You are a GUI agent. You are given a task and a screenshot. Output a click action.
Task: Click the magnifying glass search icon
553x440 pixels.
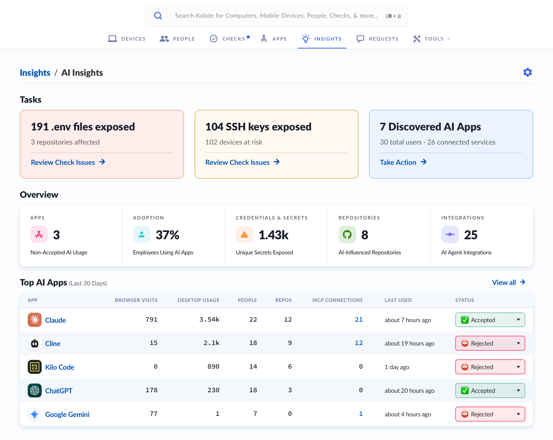pyautogui.click(x=158, y=16)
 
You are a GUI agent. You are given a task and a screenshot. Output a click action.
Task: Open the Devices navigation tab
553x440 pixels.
pyautogui.click(x=127, y=39)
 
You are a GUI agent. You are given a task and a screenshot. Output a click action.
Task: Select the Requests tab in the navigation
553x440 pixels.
pyautogui.click(x=377, y=39)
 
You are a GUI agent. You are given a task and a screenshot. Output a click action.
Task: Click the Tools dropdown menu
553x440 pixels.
pyautogui.click(x=432, y=39)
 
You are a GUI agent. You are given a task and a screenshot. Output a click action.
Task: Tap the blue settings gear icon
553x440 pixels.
pyautogui.click(x=528, y=72)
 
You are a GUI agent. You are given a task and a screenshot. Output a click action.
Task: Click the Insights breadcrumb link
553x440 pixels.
pyautogui.click(x=35, y=73)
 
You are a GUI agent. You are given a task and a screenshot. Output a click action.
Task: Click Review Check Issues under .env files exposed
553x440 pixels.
pyautogui.click(x=68, y=162)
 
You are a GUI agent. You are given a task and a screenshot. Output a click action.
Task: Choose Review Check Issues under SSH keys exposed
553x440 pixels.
pyautogui.click(x=242, y=162)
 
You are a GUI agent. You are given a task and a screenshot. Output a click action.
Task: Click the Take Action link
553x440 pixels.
pyautogui.click(x=403, y=162)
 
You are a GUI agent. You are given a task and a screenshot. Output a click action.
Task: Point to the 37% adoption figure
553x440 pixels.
pyautogui.click(x=168, y=235)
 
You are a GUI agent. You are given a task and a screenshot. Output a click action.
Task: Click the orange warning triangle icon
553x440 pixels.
pyautogui.click(x=244, y=234)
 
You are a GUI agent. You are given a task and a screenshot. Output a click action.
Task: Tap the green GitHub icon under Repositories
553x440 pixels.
pyautogui.click(x=347, y=234)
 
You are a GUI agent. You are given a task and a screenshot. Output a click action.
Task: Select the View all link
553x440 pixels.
pyautogui.click(x=509, y=282)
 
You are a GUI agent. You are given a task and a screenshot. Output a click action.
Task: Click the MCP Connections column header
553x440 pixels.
pyautogui.click(x=337, y=300)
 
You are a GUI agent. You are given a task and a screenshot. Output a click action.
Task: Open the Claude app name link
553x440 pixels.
pyautogui.click(x=56, y=320)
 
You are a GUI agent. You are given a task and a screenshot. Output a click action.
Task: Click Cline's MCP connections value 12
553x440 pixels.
pyautogui.click(x=359, y=343)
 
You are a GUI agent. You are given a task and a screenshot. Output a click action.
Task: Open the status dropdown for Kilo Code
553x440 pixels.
pyautogui.click(x=490, y=367)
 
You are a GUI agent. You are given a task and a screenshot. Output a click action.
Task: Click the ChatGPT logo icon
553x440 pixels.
pyautogui.click(x=35, y=390)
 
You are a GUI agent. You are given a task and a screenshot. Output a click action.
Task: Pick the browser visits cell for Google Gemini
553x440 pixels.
pyautogui.click(x=153, y=414)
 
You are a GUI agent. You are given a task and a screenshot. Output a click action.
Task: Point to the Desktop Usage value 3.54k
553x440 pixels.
pyautogui.click(x=209, y=320)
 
